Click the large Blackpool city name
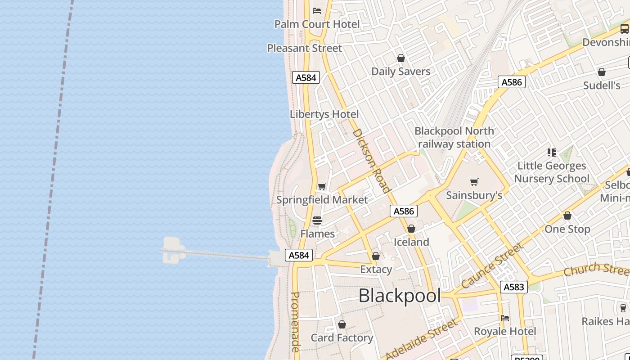tap(400, 296)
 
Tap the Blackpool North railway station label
tap(454, 137)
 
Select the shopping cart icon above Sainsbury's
tap(474, 182)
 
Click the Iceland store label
tap(411, 242)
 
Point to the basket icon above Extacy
tap(376, 256)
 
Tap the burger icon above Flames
tap(317, 220)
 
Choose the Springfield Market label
tap(322, 200)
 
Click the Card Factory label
tap(342, 337)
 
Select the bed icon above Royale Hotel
tap(505, 318)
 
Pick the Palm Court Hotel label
tap(317, 24)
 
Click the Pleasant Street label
tap(305, 48)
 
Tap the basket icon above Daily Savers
tap(401, 58)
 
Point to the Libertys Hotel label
tap(324, 114)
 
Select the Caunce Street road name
tap(493, 265)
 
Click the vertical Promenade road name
tap(295, 322)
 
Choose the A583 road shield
tap(513, 287)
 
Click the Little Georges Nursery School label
tap(552, 172)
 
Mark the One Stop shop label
tap(567, 229)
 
